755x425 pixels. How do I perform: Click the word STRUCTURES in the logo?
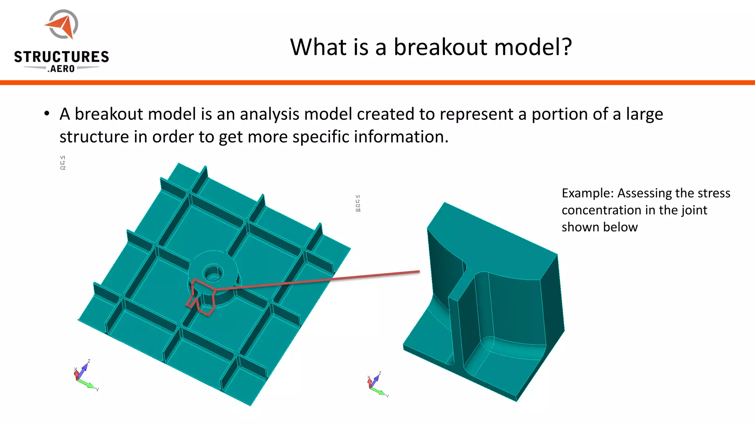pyautogui.click(x=62, y=57)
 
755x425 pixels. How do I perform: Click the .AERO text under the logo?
pyautogui.click(x=61, y=69)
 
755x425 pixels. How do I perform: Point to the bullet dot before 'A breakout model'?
pyautogui.click(x=46, y=114)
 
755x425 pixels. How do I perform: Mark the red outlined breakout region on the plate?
pyautogui.click(x=201, y=297)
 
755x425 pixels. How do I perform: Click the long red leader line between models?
pyautogui.click(x=317, y=280)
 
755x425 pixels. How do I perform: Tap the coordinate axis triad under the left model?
pyautogui.click(x=85, y=376)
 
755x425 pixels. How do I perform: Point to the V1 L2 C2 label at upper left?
pyautogui.click(x=63, y=163)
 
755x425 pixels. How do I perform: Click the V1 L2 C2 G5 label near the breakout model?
pyautogui.click(x=358, y=204)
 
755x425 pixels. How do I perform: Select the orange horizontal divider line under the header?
pyautogui.click(x=377, y=83)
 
